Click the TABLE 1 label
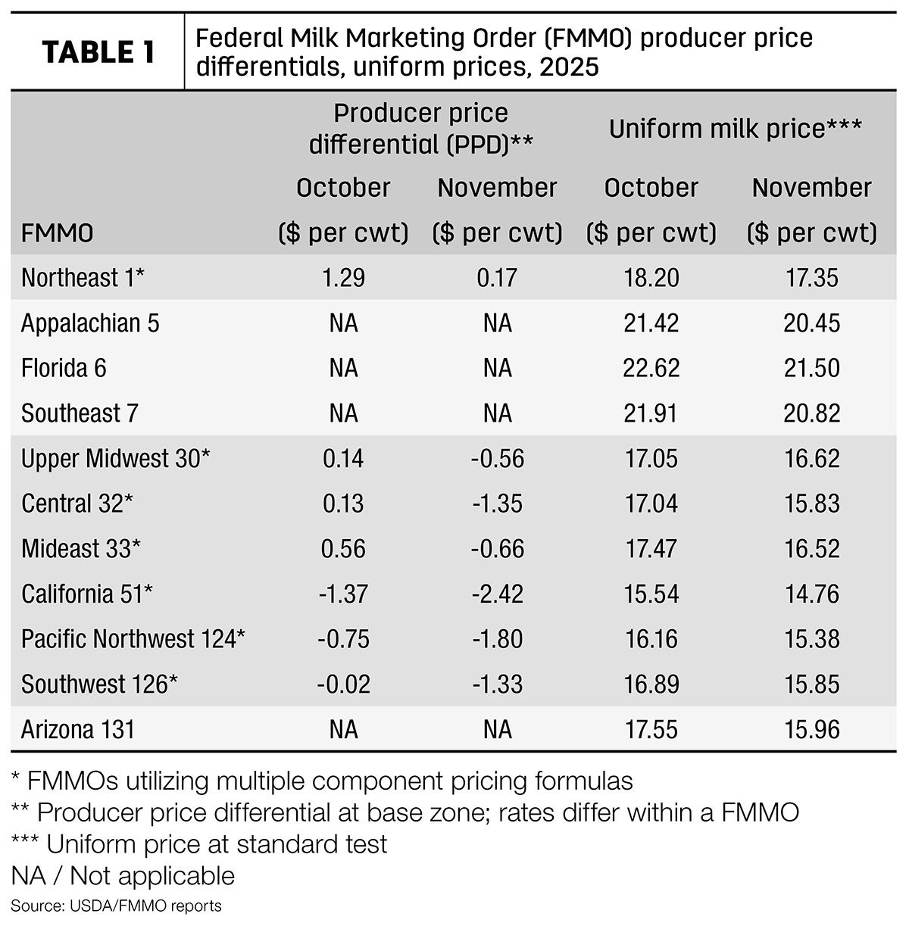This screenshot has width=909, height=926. (x=98, y=52)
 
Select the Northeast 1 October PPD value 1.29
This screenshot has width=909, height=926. (x=343, y=278)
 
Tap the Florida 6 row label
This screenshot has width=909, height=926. (x=64, y=368)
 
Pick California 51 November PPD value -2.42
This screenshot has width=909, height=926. (x=498, y=594)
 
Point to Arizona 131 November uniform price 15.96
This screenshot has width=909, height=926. (x=812, y=729)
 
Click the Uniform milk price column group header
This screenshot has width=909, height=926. (x=736, y=129)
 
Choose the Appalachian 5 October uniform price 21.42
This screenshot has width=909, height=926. (x=651, y=323)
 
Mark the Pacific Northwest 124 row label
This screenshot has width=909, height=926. (x=133, y=639)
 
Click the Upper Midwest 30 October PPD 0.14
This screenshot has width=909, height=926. (x=343, y=458)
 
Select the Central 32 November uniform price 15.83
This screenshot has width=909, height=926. (x=812, y=504)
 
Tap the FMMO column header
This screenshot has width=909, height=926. (x=58, y=233)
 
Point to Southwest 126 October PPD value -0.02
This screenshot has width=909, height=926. (x=343, y=684)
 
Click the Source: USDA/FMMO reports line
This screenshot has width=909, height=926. (x=116, y=906)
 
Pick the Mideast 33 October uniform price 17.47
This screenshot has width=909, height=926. (x=651, y=549)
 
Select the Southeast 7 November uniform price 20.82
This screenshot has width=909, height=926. (x=812, y=413)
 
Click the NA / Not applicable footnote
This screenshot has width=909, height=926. (x=123, y=875)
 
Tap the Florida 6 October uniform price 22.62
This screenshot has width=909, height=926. (x=651, y=368)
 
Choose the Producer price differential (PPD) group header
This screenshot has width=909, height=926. (x=421, y=129)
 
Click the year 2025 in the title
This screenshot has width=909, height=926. (x=569, y=67)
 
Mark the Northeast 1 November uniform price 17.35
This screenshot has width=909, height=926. (x=812, y=278)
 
